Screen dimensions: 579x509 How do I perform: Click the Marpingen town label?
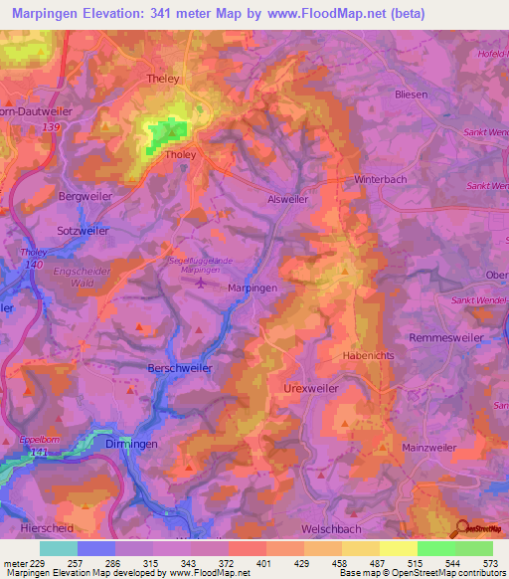coord(252,287)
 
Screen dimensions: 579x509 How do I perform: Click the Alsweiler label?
coord(288,199)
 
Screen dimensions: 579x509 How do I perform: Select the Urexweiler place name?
coord(311,388)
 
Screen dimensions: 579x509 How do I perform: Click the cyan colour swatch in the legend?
coord(59,548)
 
